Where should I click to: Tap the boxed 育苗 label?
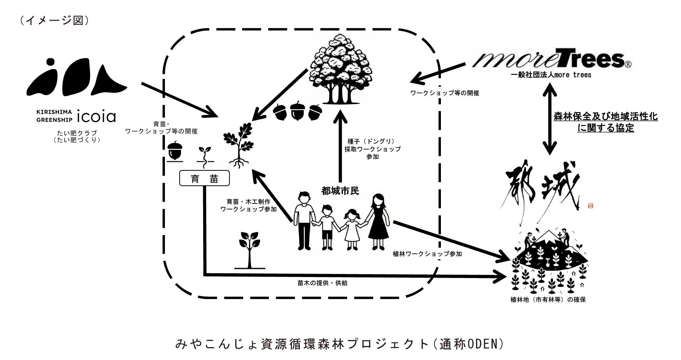click(204, 178)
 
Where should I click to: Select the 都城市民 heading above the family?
click(340, 191)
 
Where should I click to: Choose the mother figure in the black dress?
click(378, 222)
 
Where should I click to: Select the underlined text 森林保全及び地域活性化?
click(605, 117)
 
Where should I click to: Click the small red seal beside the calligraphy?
click(591, 206)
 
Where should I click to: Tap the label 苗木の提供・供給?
click(322, 283)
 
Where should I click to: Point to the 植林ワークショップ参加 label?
click(427, 254)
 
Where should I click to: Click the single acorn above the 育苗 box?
click(175, 151)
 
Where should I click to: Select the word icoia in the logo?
click(97, 116)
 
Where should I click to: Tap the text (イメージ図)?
click(54, 20)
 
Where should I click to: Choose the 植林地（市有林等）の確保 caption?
click(548, 300)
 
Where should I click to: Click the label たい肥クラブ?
click(77, 133)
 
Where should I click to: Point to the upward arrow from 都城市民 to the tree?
click(340, 146)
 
